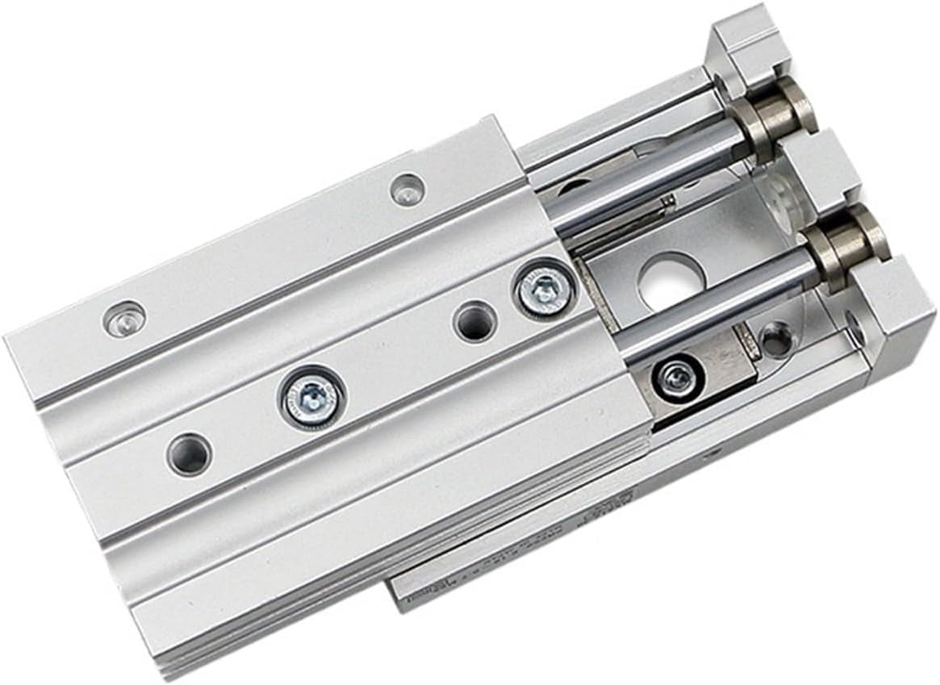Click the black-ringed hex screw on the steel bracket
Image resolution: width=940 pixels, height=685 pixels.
(676, 376)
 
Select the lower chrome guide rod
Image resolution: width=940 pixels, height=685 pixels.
(710, 311)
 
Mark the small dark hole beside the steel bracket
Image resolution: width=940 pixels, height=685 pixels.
(776, 338)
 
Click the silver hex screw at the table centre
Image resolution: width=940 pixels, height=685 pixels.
(311, 396)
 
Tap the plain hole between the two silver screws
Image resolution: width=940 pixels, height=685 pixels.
(474, 321)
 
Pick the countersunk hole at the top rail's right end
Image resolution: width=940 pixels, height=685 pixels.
(407, 190)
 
